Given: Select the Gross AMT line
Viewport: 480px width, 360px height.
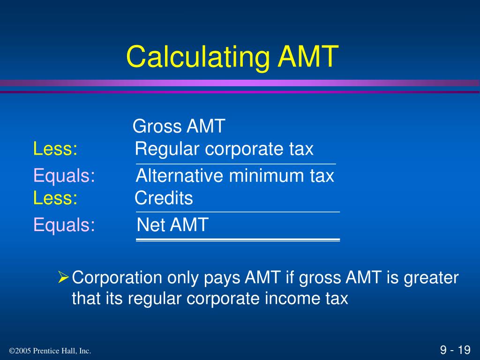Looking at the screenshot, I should point(179,126).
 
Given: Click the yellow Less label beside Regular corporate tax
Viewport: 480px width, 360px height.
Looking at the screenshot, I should point(55,149).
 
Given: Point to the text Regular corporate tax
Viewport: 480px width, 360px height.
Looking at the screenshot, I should point(224,149).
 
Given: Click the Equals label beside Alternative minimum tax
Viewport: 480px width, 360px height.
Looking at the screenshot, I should point(64,176).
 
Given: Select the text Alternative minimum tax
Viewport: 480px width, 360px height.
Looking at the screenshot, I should point(235,176).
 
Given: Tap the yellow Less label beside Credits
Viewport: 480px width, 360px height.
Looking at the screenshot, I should point(55,198).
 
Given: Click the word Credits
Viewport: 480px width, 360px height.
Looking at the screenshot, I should point(164,198).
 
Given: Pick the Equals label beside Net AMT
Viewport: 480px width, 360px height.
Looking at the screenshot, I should point(64,225).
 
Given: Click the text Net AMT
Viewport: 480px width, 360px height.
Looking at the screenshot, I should point(172,225).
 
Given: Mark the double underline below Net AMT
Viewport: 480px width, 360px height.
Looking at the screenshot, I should point(238,240).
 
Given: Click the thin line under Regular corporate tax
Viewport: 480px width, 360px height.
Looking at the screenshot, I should point(236,164).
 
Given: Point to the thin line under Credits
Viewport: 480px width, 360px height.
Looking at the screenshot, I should point(238,212).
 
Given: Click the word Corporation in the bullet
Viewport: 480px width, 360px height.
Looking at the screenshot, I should point(117,278).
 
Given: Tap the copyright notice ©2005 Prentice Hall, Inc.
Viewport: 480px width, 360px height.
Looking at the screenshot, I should point(50,351).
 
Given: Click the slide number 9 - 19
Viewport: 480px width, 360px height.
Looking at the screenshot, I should point(455,350).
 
